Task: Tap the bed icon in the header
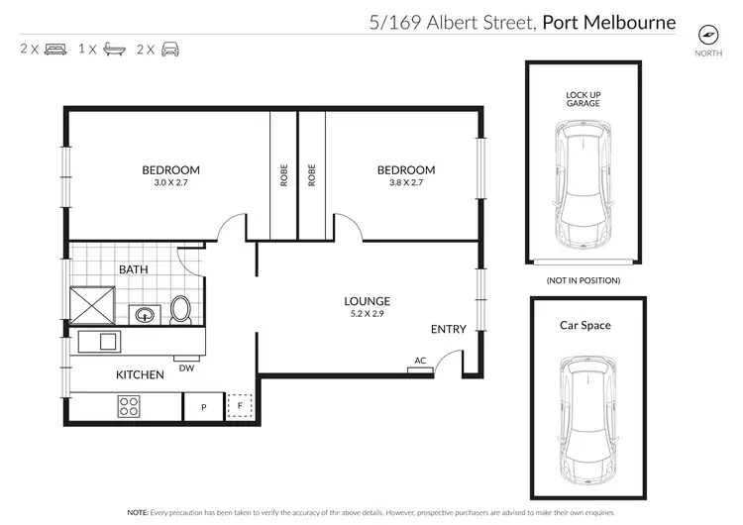pos(55,49)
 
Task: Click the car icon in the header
pos(170,49)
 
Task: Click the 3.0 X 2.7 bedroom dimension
pos(170,183)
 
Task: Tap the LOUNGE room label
pos(367,301)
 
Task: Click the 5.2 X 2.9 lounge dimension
pos(367,314)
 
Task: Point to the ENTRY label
pos(448,330)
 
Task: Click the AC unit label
pos(420,362)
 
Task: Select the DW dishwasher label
pos(185,368)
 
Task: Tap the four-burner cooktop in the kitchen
pos(129,405)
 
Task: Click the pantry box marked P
pos(203,407)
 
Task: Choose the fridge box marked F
pos(239,406)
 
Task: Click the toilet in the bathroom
pos(181,309)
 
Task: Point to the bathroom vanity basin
pos(145,315)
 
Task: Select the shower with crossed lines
pos(92,305)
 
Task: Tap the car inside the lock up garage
pos(584,186)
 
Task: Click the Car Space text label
pos(585,325)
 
